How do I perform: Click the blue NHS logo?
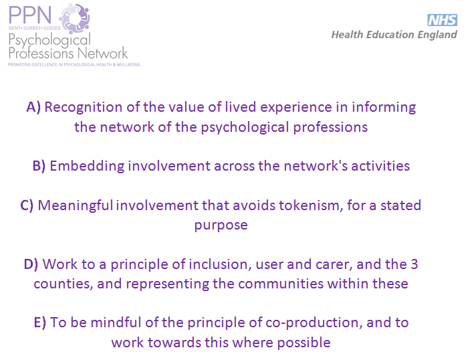click(x=442, y=20)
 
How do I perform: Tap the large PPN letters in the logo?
click(x=30, y=15)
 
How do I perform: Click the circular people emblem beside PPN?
click(x=75, y=19)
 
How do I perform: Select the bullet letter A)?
click(x=33, y=107)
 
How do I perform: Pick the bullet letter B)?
click(x=39, y=166)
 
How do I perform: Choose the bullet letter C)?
click(x=27, y=205)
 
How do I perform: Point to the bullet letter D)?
click(x=31, y=264)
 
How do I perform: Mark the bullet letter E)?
click(x=40, y=323)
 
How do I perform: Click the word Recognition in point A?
click(x=84, y=107)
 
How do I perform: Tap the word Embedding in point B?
click(x=87, y=166)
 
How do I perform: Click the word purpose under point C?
click(x=221, y=226)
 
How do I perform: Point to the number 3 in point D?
click(x=415, y=264)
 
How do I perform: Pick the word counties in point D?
click(x=62, y=284)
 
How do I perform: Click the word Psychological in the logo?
click(x=49, y=40)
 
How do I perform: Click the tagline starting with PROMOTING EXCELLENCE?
click(x=74, y=64)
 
